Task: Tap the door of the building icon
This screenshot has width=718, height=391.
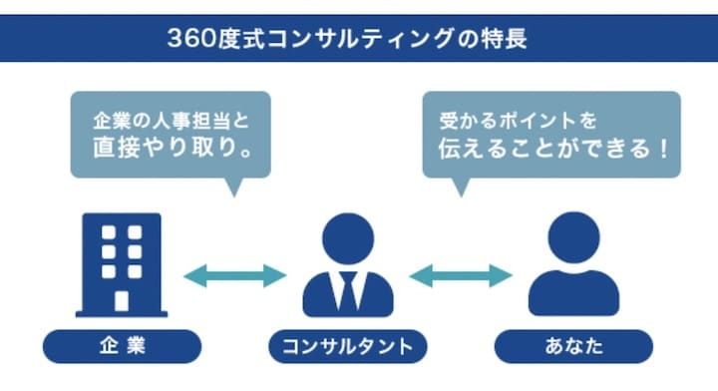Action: coord(122,300)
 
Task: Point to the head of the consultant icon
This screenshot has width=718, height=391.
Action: coord(347,240)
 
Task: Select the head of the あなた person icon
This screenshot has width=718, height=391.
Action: coord(572,238)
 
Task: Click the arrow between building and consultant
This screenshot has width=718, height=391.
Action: coord(235,275)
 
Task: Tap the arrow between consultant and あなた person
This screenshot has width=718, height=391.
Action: coord(460,275)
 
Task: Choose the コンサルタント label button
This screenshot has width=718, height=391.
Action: coord(348,346)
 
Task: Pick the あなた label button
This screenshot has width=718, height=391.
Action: coord(573,346)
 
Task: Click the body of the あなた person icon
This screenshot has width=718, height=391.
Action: coord(573,293)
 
